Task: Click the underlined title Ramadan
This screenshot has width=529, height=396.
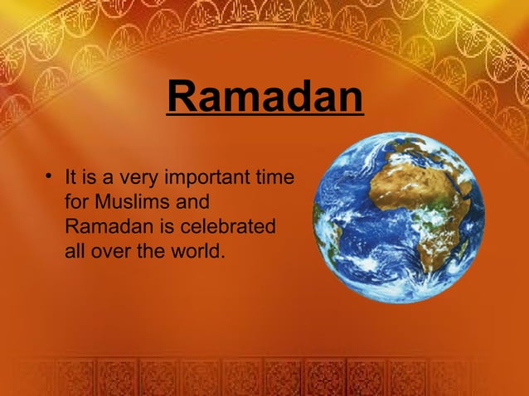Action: (x=264, y=98)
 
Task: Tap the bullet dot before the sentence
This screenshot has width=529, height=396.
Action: (x=51, y=176)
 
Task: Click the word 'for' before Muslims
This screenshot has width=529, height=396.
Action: (x=76, y=201)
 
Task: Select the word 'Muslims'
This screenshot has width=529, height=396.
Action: (x=133, y=201)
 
